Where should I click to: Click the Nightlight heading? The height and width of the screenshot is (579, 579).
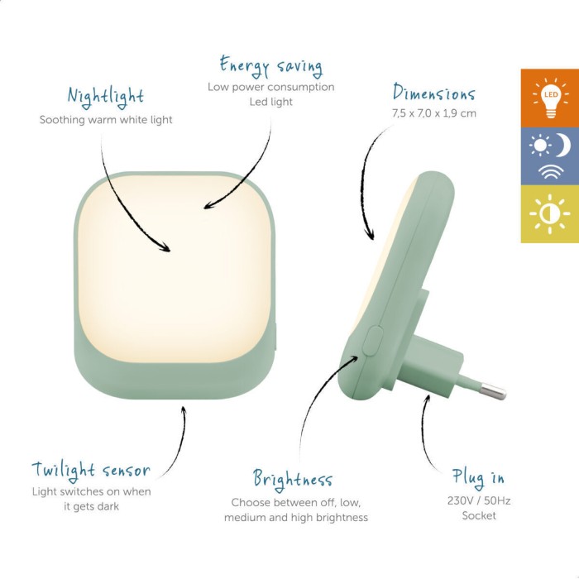[105, 97]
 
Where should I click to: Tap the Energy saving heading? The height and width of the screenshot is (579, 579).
[270, 66]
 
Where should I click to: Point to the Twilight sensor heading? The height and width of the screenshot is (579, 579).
[91, 471]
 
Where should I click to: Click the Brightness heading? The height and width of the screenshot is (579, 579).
[293, 479]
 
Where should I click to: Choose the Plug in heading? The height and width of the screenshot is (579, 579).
[478, 477]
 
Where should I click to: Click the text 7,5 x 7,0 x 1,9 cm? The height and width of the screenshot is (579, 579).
[434, 113]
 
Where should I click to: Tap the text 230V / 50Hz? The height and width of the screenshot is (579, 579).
[478, 499]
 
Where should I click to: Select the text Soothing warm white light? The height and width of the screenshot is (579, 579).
[106, 120]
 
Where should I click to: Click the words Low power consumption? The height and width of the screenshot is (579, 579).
[271, 87]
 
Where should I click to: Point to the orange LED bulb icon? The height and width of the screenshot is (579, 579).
[549, 98]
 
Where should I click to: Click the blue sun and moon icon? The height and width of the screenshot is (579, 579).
[549, 155]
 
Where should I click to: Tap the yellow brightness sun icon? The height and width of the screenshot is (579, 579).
[549, 213]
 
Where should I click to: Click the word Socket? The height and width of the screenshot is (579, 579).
[478, 515]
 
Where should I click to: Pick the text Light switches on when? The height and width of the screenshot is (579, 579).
[91, 491]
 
